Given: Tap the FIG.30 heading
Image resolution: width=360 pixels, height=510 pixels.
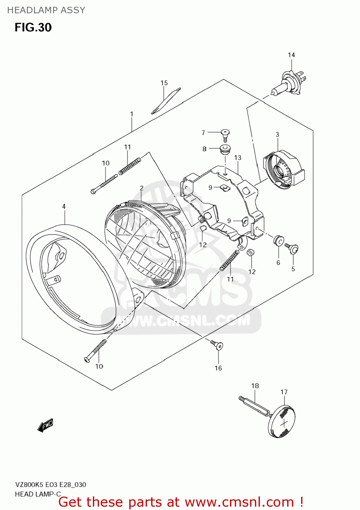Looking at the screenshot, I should pos(33,28).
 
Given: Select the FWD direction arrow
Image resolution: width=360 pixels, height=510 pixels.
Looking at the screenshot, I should pos(45,425).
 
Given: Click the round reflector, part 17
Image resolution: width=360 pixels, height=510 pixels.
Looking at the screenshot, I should pos(281,421).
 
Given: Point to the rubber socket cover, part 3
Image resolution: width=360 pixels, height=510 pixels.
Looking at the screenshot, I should pos(283,170).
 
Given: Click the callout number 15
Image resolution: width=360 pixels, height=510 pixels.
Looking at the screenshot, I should pos(164,83).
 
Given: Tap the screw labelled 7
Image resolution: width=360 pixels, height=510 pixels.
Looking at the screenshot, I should pos(225,134).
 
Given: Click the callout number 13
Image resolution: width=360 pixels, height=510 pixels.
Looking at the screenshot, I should pos(238,158).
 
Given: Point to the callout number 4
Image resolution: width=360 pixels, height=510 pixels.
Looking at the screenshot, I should pos(64,206).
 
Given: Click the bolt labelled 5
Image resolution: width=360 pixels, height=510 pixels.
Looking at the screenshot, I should pos(292,249).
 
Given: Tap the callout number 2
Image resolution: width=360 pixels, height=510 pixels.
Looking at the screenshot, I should pos(142,188).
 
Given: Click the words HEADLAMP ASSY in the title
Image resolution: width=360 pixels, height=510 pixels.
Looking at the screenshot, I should pos(46,10).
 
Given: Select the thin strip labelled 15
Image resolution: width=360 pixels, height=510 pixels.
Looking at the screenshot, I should pos(166,101).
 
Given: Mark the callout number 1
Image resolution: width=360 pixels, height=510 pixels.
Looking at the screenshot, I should pos(132,114).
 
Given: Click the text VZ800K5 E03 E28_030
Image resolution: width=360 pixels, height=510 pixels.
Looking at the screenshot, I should pos(50,485).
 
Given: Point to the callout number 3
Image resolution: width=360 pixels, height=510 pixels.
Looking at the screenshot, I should pos(277,135).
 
